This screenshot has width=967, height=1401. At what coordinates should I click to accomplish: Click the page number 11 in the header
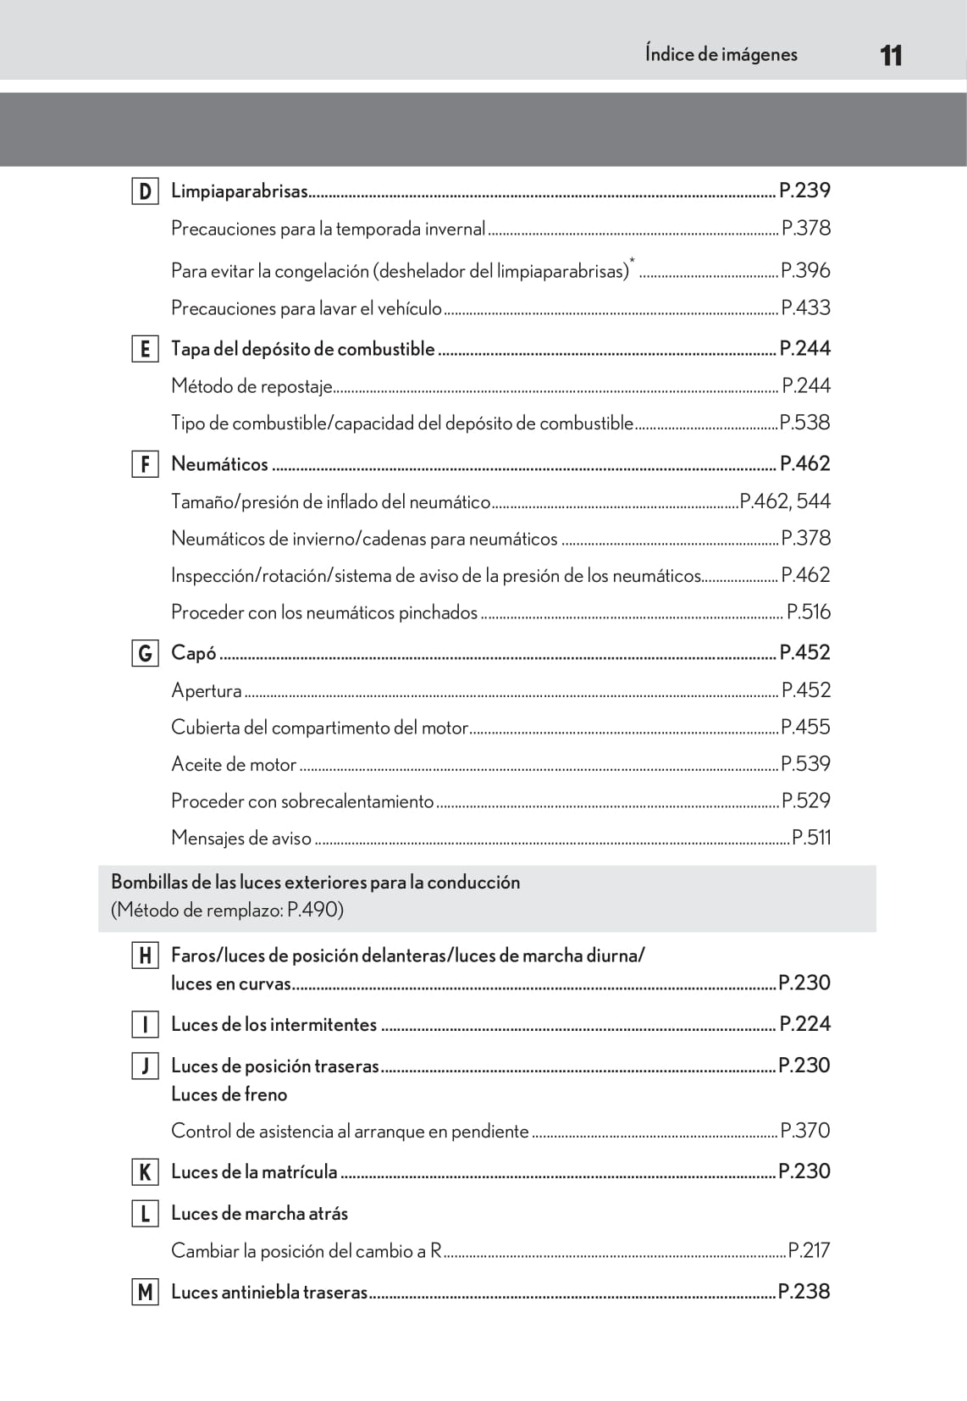tap(891, 56)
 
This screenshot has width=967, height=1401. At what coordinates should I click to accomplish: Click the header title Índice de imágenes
tap(721, 54)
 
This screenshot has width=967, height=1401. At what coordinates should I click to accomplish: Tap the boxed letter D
tap(145, 191)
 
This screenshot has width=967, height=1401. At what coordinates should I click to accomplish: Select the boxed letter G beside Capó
tap(145, 653)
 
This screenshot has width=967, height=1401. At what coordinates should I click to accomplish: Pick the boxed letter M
tap(145, 1292)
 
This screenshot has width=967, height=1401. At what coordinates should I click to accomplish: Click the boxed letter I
tap(145, 1025)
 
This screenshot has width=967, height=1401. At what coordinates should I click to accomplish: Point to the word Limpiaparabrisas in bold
tap(239, 191)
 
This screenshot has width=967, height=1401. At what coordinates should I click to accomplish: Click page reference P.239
tap(804, 191)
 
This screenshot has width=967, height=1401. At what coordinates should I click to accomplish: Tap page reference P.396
tap(805, 271)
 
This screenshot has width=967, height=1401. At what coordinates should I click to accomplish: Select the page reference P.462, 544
tap(785, 501)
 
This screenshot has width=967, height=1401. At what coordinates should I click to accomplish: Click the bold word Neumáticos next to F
tap(219, 464)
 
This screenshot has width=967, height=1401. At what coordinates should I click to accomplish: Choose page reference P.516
tap(809, 612)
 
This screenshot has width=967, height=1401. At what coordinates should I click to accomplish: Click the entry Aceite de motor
tap(234, 764)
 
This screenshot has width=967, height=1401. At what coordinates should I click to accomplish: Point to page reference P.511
tap(811, 838)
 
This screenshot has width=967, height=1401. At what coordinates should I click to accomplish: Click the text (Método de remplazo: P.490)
tap(227, 911)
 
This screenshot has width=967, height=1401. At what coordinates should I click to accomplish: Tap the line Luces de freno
tap(229, 1094)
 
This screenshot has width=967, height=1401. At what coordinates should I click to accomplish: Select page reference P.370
tap(805, 1131)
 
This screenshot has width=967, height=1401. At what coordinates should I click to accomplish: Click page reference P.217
tap(809, 1250)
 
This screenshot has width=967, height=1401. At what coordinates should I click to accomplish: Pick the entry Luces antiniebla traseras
tap(269, 1292)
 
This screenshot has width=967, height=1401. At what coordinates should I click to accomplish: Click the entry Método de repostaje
tap(251, 386)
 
